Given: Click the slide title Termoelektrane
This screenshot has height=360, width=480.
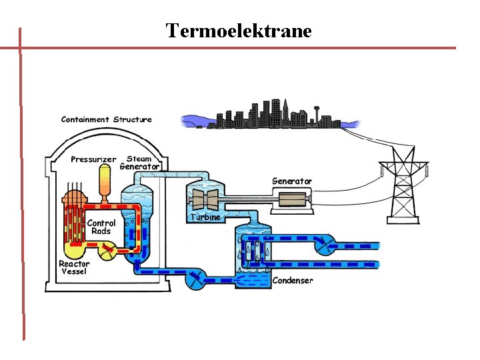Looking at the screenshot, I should coord(239,31).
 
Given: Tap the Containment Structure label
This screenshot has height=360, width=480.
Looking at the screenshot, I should coord(106,120).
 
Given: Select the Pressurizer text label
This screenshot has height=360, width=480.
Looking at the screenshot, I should coord(93,159).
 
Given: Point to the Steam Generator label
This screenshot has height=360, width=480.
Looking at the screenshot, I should coord(139,163).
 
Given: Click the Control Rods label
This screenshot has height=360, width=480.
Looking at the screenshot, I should coord(101,227).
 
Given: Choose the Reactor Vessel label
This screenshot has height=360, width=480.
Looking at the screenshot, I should coord(74,267).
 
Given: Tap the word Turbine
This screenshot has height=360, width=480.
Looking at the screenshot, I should coord(205,217).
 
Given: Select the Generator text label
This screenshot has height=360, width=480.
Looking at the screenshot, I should coord(291,181).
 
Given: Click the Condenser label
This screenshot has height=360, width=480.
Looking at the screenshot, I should coord(293,281).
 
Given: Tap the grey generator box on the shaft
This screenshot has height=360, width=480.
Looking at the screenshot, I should coord(291,199).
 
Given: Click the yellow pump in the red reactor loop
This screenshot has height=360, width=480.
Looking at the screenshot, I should coord(107,251).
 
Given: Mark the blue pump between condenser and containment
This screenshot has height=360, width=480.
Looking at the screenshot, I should coord(195,280).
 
